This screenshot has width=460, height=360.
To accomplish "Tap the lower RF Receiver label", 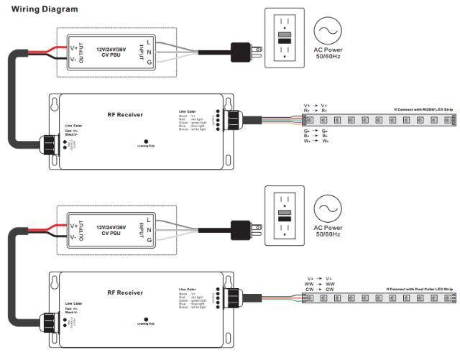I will coord(125,292).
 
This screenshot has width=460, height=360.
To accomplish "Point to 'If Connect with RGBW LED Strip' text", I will coord(423,110).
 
